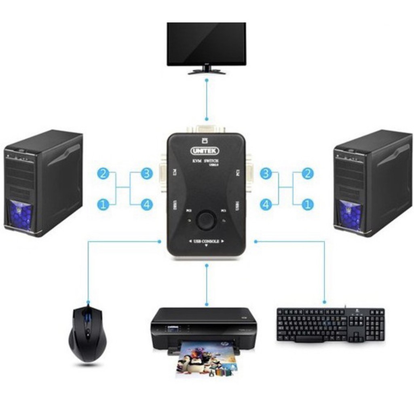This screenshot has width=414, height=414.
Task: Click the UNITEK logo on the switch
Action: click(x=205, y=151)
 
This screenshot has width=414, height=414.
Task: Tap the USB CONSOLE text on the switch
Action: click(x=206, y=242)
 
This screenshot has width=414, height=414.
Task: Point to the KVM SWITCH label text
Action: click(x=206, y=161)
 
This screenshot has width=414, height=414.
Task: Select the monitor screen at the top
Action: click(x=206, y=43)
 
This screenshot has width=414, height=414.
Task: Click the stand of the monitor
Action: click(x=207, y=70)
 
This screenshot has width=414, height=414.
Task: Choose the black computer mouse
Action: click(x=87, y=333)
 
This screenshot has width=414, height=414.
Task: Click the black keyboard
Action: click(x=330, y=325)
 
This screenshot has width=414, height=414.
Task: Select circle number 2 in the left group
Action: click(x=103, y=174)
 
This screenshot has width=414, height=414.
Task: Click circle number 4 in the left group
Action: click(x=147, y=205)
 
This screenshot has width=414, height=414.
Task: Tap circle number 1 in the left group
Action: click(x=103, y=205)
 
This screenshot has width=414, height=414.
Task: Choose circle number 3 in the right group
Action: click(x=266, y=174)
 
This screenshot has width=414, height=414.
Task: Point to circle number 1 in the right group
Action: click(x=308, y=205)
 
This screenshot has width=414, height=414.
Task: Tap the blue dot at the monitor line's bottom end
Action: click(x=207, y=119)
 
